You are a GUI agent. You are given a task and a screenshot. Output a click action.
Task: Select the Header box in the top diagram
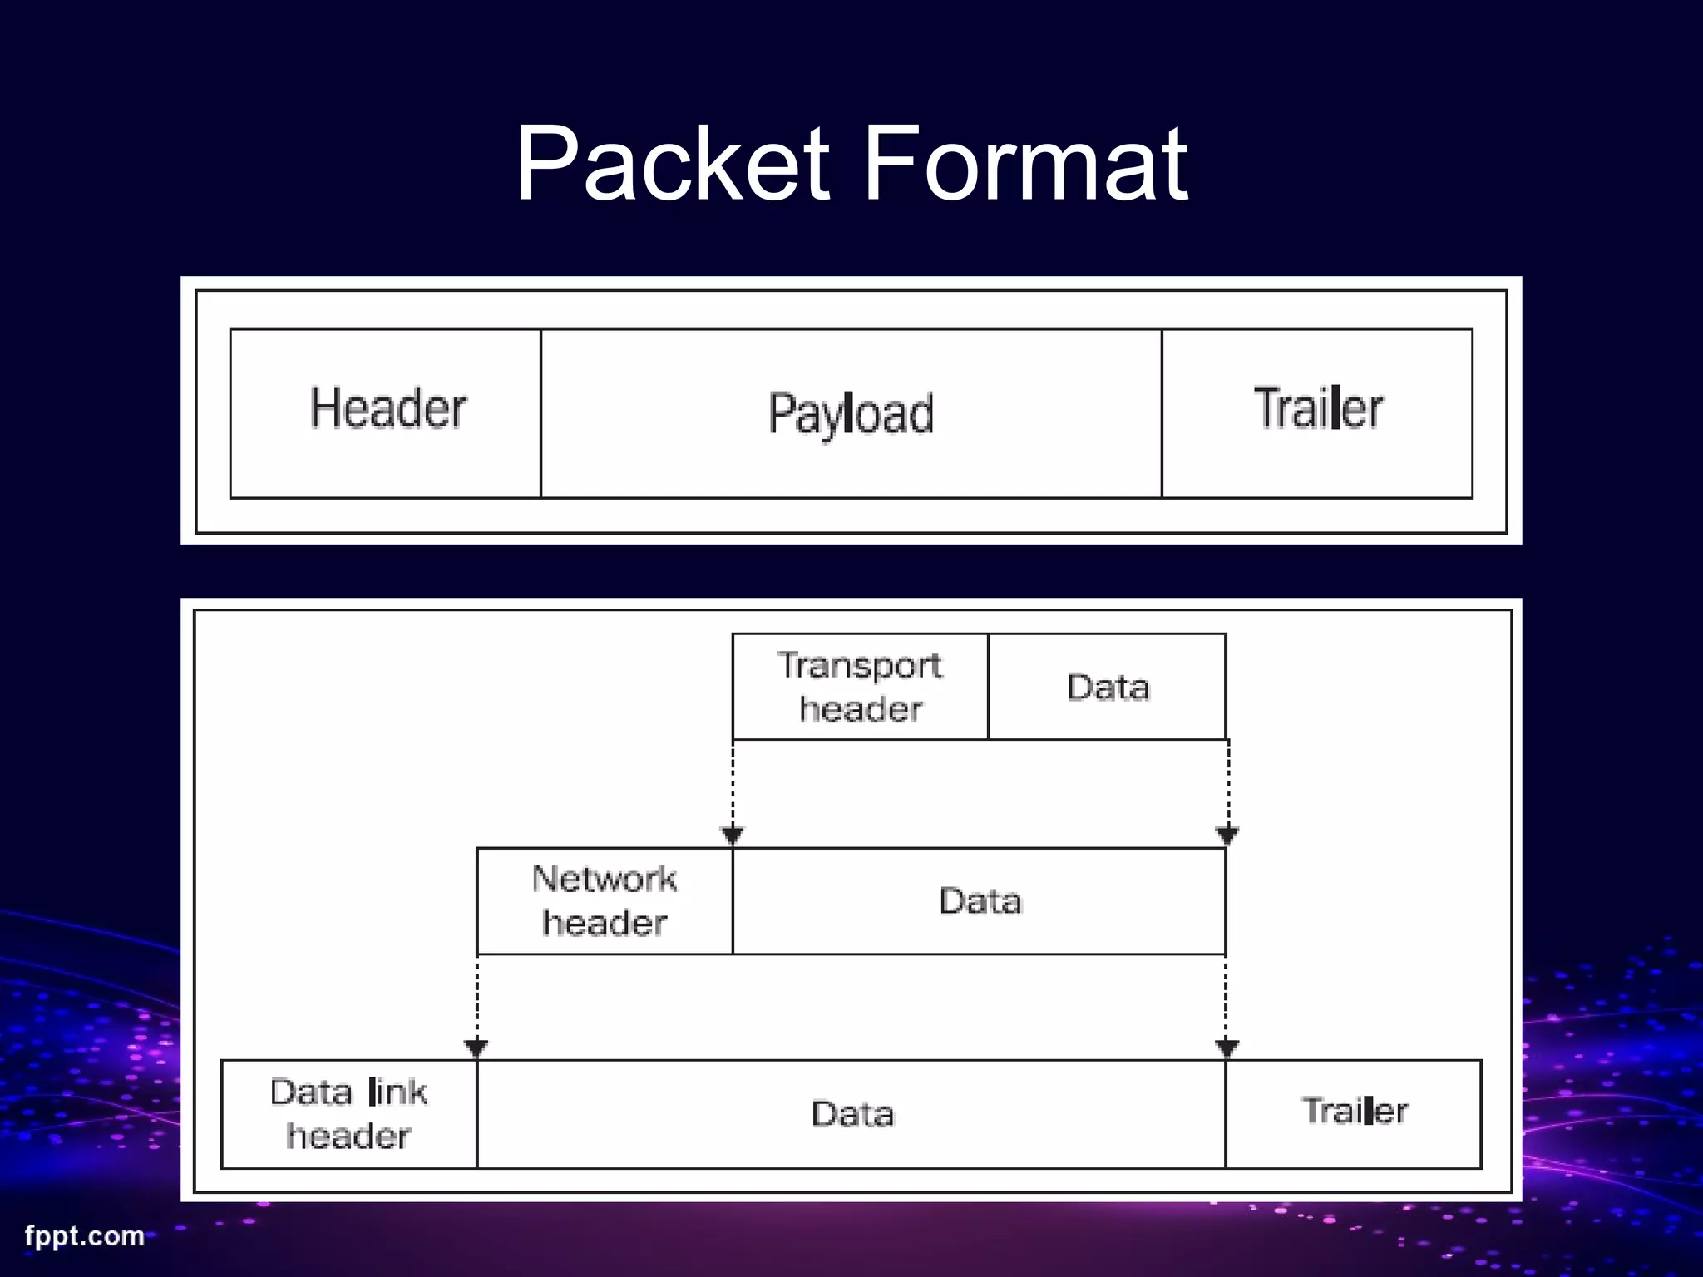coord(386,413)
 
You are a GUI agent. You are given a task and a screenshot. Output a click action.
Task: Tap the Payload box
coord(851,413)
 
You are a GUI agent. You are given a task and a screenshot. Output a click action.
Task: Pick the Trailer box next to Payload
coord(1317,413)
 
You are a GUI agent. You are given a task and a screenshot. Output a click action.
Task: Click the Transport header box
coord(860,687)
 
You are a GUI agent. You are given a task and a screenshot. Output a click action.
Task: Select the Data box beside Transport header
coord(1107,687)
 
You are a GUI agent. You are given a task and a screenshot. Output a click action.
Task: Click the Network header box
coord(605,901)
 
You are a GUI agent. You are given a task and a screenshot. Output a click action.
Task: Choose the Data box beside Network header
coord(980,901)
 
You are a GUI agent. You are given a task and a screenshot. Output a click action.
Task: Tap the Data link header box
coord(349,1114)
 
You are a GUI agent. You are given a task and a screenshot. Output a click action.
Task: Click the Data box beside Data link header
coord(851,1114)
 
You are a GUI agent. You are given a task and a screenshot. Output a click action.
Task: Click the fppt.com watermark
coord(84,1235)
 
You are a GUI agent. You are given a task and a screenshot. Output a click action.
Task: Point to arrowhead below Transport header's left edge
coord(733,835)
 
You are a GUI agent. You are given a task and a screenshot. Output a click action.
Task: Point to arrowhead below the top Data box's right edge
coord(1227,835)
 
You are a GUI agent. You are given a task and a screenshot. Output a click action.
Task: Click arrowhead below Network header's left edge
coord(476,1048)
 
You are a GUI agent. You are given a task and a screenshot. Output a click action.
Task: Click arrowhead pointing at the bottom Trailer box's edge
coord(1227,1048)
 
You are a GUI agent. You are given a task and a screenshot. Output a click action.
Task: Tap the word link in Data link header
coord(397,1092)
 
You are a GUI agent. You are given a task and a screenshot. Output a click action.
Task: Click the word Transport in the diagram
coord(860,665)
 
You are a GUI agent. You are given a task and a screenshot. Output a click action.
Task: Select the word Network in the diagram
coord(605,879)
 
